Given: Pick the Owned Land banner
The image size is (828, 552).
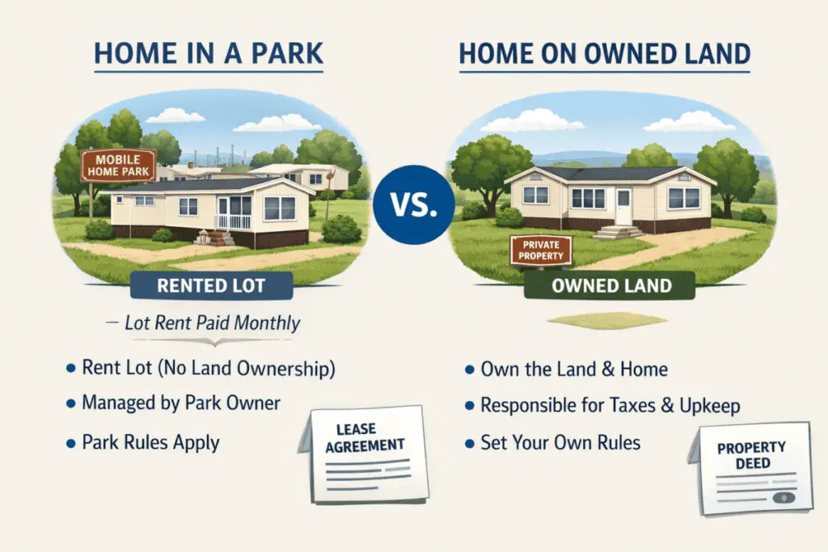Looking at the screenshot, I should [610, 285].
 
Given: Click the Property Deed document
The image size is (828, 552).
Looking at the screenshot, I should [750, 469].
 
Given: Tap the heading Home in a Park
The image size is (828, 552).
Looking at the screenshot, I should [209, 53].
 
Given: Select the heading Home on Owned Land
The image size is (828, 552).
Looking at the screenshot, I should [605, 54].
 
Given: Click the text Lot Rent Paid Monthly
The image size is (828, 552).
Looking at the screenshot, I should [212, 324].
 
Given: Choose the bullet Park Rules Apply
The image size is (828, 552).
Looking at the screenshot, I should [150, 442].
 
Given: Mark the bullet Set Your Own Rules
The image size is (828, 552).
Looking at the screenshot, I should [560, 442].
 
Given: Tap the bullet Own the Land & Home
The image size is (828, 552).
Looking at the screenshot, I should [574, 369].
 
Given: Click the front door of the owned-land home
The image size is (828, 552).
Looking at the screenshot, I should [623, 206].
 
